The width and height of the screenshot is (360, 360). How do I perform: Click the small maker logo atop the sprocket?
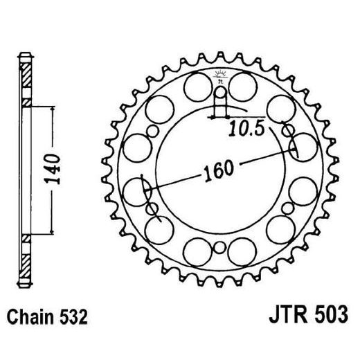219,74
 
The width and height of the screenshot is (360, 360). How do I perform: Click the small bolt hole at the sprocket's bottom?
219,248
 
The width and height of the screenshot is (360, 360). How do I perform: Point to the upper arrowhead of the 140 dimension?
51,110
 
